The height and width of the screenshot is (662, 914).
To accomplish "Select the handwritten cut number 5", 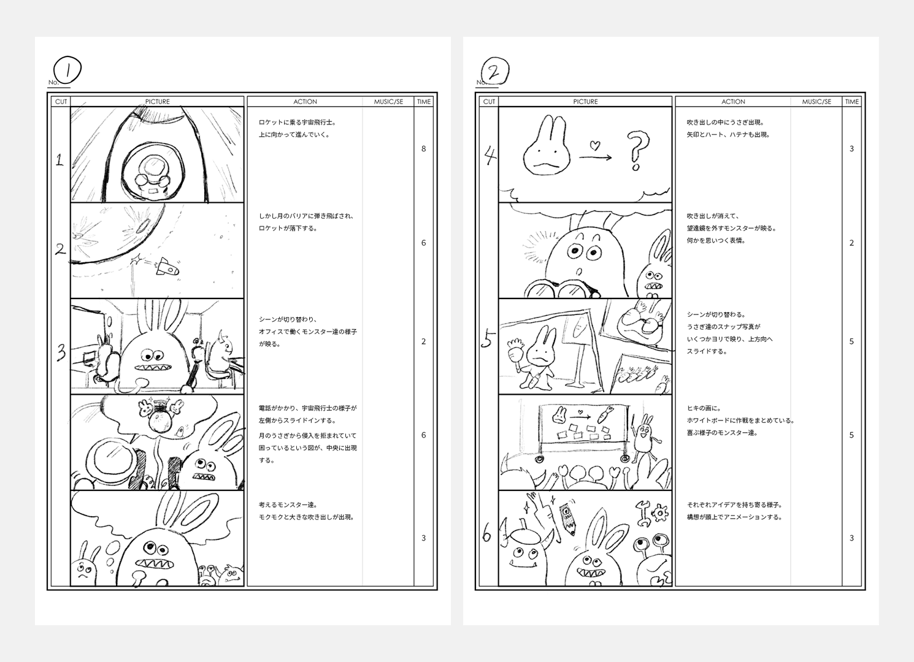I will tap(488, 338).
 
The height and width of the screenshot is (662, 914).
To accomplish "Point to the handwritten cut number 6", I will tap(487, 536).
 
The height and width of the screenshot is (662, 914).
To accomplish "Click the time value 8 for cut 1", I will tap(423, 149).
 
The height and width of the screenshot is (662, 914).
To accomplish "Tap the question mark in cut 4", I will tap(638, 153).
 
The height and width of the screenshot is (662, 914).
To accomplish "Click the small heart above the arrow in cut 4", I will tap(593, 146).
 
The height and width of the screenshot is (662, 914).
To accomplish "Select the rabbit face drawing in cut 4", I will tap(547, 150).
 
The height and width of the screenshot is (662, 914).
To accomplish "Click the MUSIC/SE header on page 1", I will tap(388, 102).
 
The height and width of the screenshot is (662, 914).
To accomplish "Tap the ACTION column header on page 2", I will tap(733, 102).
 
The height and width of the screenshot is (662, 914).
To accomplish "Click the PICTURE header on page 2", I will tap(585, 102).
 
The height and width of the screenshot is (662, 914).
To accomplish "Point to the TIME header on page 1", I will tap(424, 102).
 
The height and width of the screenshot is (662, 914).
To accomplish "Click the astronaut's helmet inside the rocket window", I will tap(150, 166).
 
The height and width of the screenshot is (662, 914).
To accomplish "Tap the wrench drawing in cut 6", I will tap(643, 514).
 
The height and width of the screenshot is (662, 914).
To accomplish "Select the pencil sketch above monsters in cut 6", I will tap(568, 518).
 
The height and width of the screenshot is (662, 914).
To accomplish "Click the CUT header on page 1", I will tap(61, 102).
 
